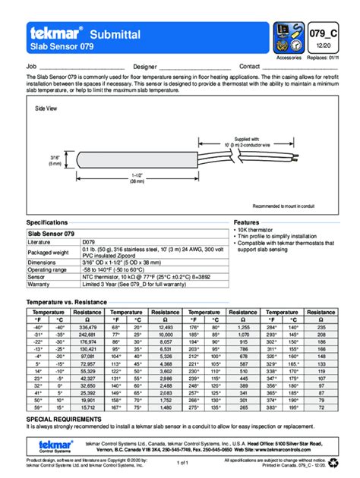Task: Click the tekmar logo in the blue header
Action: click(55, 33)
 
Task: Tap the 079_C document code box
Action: click(324, 33)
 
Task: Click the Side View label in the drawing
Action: click(46, 109)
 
